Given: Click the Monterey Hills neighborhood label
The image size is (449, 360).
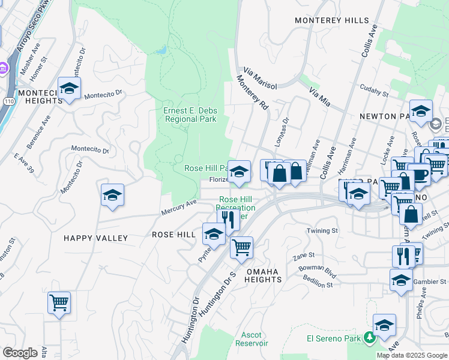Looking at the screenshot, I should [x=332, y=20].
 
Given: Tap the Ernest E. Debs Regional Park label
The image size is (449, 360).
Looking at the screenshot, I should [x=190, y=115].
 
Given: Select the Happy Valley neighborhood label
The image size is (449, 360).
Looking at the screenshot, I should [x=96, y=238].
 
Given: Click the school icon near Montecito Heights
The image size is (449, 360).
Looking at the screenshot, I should [x=70, y=89].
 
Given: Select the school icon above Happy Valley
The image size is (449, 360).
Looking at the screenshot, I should [x=112, y=195].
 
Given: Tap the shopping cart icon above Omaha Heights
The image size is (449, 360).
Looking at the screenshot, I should [x=241, y=246].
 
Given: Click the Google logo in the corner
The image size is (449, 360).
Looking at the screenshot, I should [x=20, y=353].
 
